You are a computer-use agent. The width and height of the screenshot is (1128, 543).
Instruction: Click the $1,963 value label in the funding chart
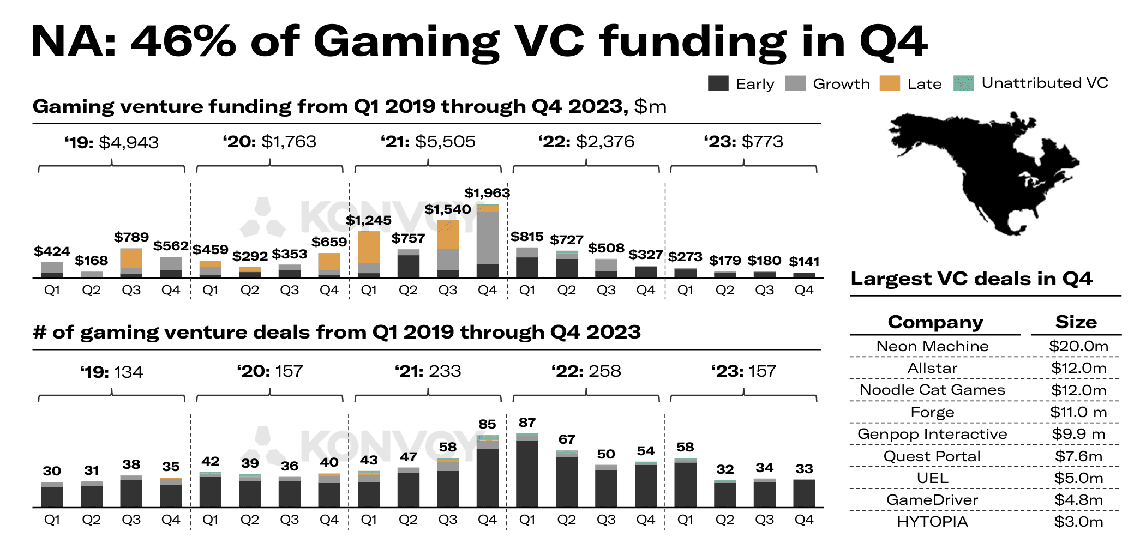pos(487,193)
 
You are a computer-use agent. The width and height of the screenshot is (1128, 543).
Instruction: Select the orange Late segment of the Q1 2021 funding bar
pos(369,246)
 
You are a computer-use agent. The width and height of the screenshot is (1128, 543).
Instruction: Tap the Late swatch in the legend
pos(890,83)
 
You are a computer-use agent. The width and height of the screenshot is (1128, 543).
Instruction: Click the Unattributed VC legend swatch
pos(964,83)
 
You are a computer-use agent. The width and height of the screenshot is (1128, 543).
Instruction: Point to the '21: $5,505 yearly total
pos(428,142)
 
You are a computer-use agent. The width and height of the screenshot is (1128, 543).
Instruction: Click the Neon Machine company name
pos(932,346)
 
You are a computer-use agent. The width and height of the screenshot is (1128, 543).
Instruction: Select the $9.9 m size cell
pos(1078,434)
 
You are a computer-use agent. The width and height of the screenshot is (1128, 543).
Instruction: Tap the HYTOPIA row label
pos(932,522)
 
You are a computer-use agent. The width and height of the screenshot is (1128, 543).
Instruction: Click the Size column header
pos(1076,322)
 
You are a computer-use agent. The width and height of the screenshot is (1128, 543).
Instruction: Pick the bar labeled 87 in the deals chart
pos(527,472)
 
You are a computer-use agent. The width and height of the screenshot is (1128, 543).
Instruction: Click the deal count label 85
pos(487,424)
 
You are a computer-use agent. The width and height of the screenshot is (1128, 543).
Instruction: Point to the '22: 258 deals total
pos(586,371)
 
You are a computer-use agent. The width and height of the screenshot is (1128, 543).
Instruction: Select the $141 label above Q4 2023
pos(804,261)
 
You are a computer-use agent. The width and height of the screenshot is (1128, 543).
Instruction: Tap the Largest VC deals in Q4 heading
pos(971,279)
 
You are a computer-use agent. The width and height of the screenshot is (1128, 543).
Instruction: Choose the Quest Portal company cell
pos(932,456)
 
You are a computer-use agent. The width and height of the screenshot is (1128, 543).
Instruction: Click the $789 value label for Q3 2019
pos(131,237)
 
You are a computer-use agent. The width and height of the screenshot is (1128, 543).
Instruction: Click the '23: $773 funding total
pos(743,142)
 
